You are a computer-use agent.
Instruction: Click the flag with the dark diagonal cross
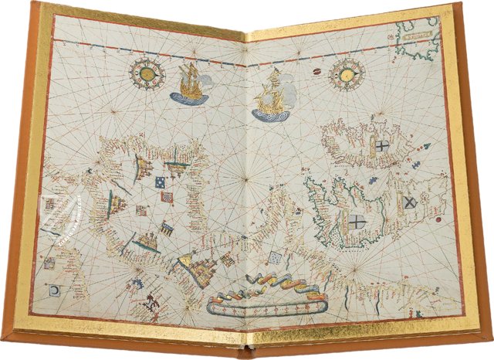[x=409, y=204]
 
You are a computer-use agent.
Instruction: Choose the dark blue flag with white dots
[x=159, y=183]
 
